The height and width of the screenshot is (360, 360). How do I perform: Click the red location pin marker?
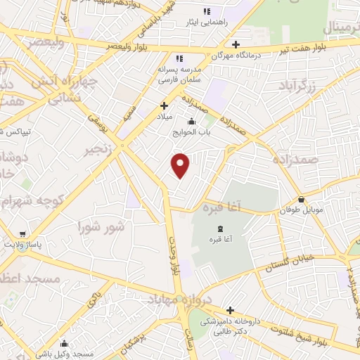(181, 166)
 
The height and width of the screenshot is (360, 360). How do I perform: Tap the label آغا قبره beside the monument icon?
(220, 240)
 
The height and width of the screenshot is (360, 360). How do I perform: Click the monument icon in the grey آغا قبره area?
(220, 229)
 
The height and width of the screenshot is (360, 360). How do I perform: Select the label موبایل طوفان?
(301, 210)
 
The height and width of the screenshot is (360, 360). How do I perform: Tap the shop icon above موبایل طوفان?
(301, 199)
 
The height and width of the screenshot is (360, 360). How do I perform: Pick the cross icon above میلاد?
(164, 106)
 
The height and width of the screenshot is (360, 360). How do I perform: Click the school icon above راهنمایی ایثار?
(206, 12)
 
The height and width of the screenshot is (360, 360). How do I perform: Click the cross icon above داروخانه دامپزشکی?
(230, 310)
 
